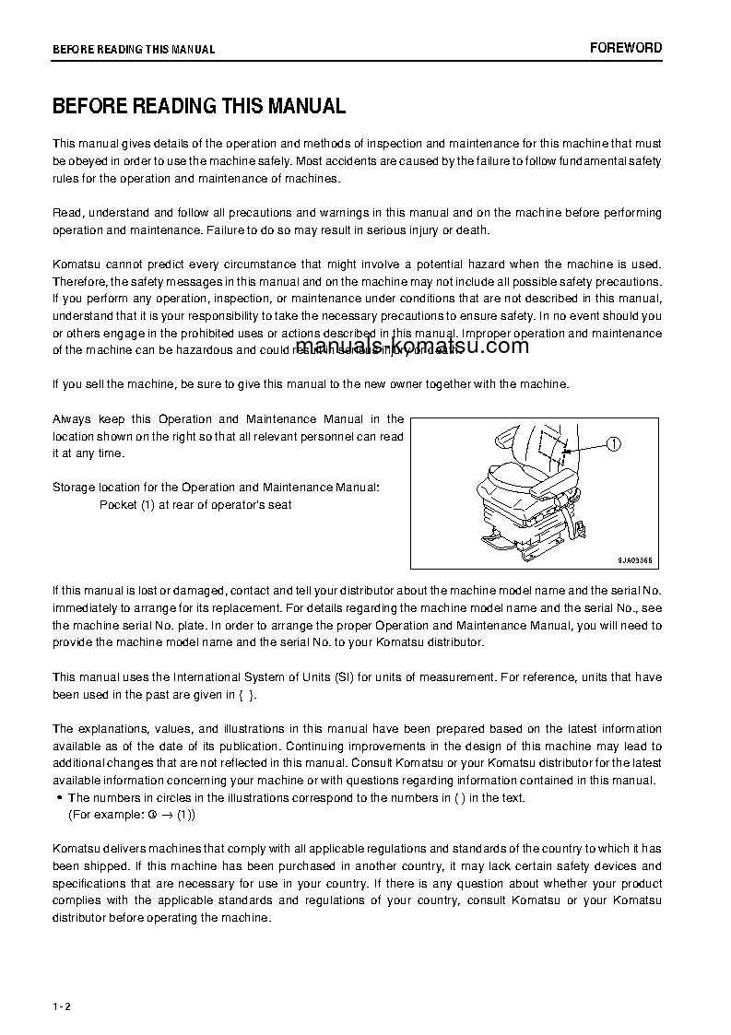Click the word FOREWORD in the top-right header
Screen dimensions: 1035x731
pyautogui.click(x=626, y=48)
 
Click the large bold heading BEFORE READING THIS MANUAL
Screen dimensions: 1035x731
pyautogui.click(x=199, y=106)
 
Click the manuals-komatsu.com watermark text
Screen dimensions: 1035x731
pyautogui.click(x=413, y=347)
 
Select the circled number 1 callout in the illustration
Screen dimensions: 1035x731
pyautogui.click(x=614, y=444)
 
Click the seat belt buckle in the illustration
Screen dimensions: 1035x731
pyautogui.click(x=583, y=528)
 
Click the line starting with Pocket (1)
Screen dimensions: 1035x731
pyautogui.click(x=195, y=505)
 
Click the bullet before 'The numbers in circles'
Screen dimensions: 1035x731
pyautogui.click(x=59, y=798)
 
